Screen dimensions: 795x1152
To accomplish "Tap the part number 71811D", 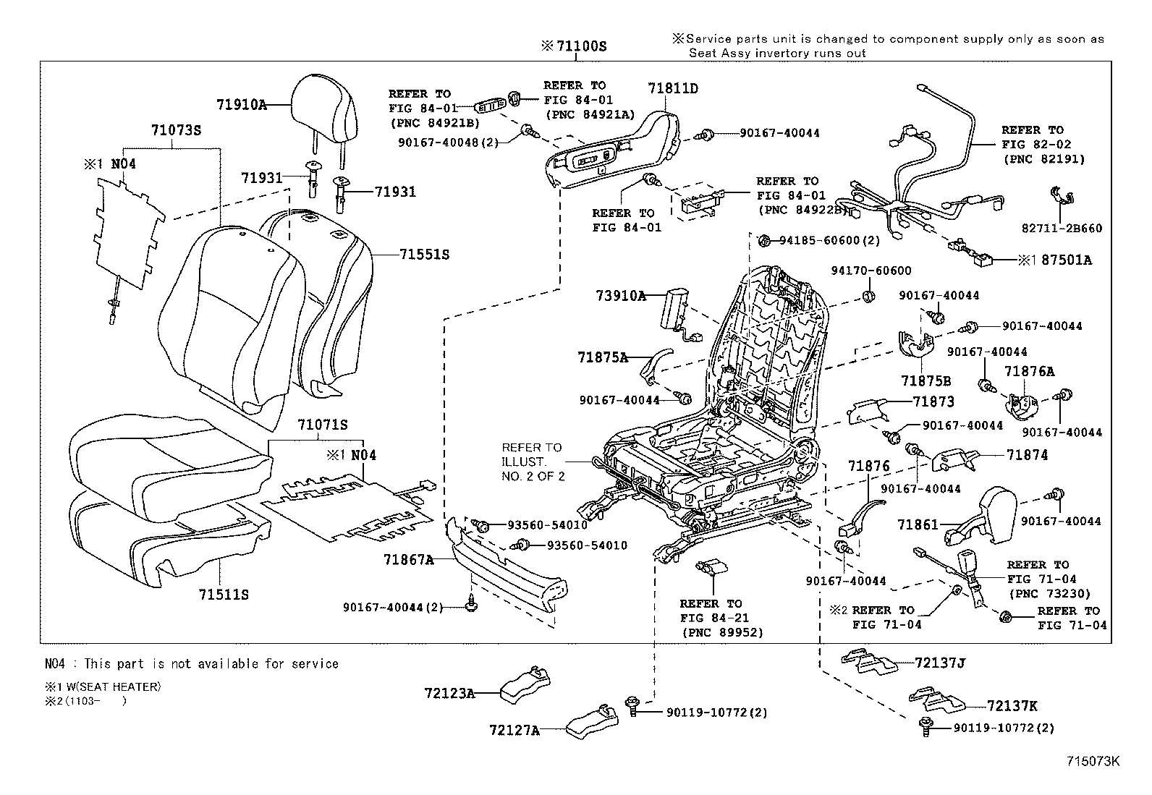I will coord(673,88).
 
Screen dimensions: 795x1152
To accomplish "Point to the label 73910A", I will coord(620,295).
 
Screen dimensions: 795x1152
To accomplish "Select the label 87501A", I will coord(1066,260).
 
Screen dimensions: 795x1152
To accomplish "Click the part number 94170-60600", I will coord(871,271).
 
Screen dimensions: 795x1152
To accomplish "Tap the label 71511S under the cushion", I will coord(224,595).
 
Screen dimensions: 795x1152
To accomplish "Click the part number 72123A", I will coord(449,693).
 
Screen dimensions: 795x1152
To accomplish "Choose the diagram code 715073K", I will coord(1093,761).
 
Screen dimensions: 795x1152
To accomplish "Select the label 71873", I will coord(933,401).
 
